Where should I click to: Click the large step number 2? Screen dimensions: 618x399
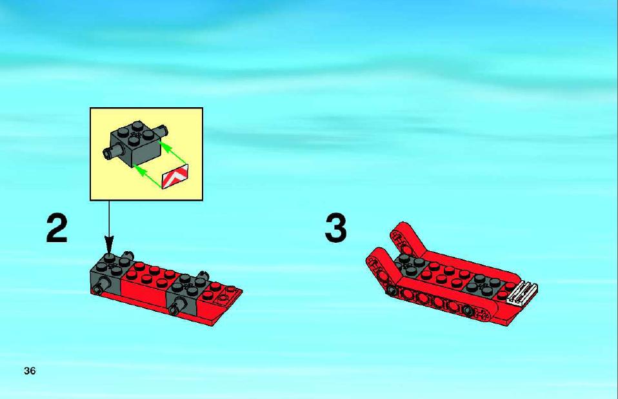57,229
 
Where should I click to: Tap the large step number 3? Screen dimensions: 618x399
336,229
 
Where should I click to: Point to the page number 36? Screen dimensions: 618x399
30,371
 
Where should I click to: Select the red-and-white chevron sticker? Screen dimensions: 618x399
175,176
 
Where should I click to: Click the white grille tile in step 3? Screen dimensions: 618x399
522,293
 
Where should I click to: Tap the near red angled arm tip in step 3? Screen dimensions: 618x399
375,259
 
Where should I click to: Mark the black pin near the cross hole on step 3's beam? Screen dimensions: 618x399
468,311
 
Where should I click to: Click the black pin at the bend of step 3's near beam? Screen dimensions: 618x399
392,291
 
